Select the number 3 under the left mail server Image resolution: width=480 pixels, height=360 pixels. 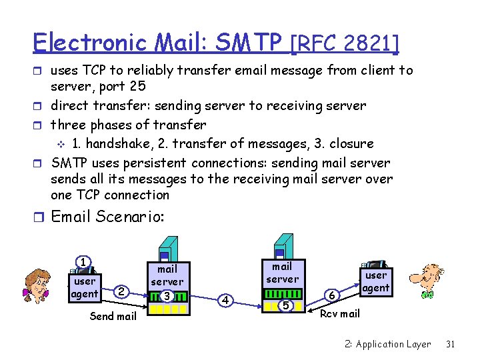[x=167, y=295]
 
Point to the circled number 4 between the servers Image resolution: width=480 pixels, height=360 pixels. [x=226, y=300]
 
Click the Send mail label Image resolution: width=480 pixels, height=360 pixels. [x=113, y=316]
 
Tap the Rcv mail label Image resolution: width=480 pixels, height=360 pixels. [x=340, y=313]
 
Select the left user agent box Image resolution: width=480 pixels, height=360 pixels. [x=85, y=287]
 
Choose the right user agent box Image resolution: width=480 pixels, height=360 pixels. [x=376, y=281]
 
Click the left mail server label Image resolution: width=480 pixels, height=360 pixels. [x=167, y=275]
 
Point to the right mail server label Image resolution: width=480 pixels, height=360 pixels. [x=283, y=273]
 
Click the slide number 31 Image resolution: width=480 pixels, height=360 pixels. [x=450, y=344]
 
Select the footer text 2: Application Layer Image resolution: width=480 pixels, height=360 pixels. [x=387, y=344]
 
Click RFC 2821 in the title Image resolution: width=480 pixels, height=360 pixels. [x=345, y=44]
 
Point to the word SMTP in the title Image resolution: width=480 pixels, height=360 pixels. [x=254, y=43]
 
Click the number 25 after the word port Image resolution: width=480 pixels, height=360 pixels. [x=137, y=86]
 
